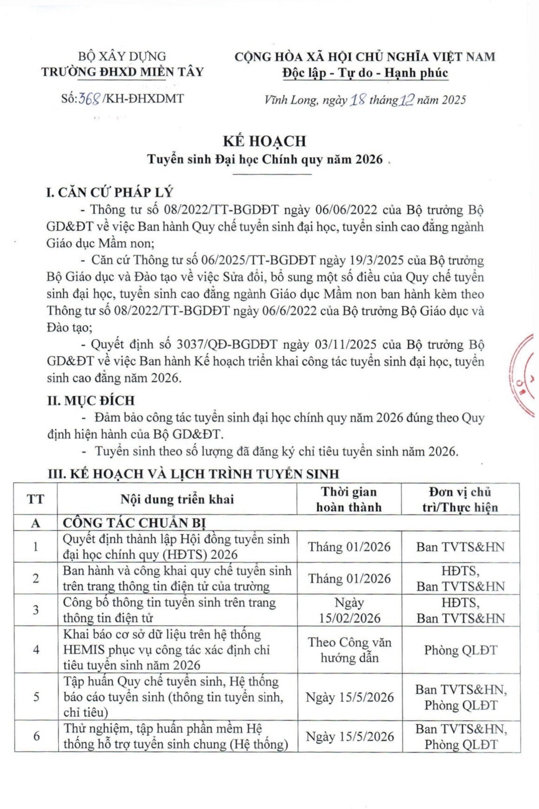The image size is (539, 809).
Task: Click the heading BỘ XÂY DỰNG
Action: point(122,56)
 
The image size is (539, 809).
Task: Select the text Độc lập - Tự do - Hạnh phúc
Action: point(365,73)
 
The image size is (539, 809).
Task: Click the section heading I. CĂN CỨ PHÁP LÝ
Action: point(109,193)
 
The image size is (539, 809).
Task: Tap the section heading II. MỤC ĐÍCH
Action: point(91,401)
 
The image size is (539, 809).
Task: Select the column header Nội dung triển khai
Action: point(177,500)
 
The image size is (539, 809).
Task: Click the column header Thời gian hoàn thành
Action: point(349,500)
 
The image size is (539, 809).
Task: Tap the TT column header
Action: point(36,500)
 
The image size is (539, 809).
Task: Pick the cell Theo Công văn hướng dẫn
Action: point(349,650)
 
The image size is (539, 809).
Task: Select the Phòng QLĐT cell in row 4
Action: point(460,650)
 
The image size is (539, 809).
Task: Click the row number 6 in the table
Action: point(36,736)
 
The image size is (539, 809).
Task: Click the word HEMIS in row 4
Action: point(84,650)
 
